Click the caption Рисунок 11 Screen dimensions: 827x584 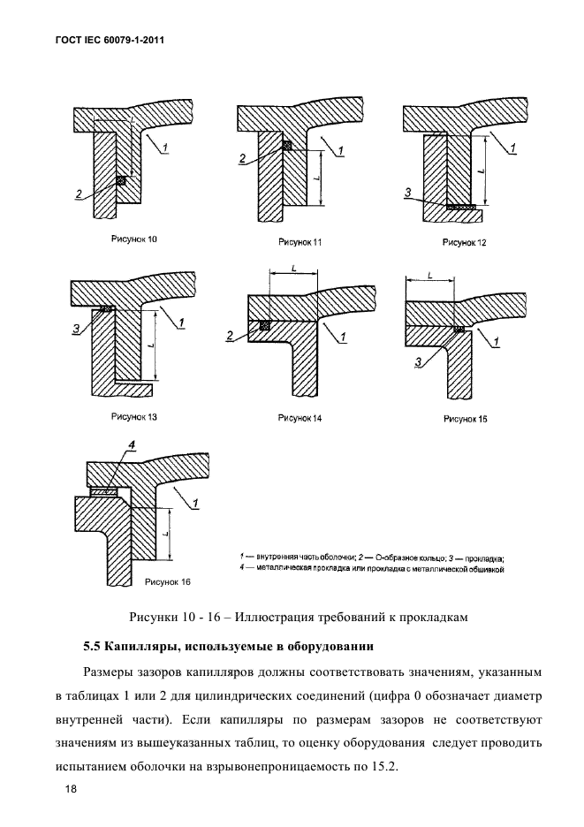pos(300,241)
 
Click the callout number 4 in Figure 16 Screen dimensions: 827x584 pos(131,457)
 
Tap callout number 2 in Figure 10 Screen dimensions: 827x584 pos(80,194)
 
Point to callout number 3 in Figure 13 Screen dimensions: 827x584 pos(77,329)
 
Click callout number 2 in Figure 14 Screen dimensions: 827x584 pos(231,337)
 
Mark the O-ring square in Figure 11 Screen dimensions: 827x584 pos(285,146)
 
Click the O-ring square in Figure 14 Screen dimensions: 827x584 pos(264,325)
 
